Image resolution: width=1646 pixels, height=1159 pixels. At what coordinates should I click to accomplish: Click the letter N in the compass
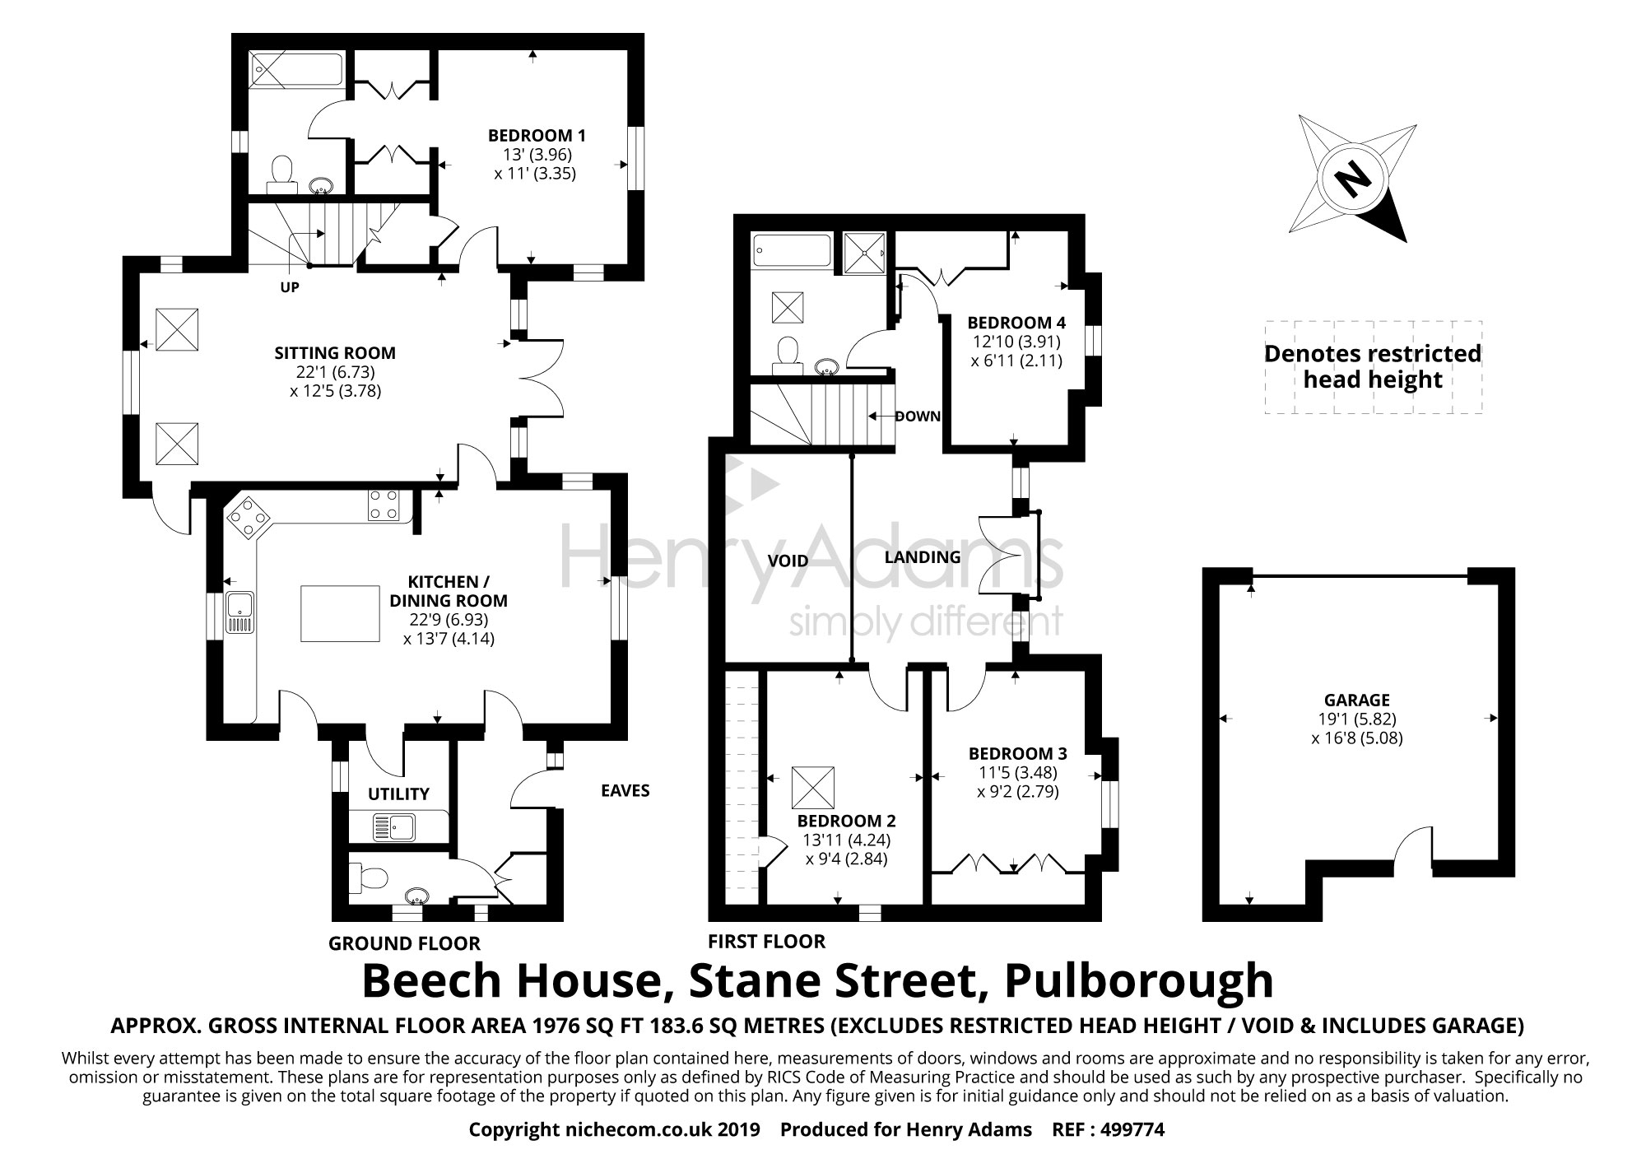[x=1347, y=179]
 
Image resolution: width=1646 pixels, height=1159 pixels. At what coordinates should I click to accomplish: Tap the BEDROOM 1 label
[x=537, y=135]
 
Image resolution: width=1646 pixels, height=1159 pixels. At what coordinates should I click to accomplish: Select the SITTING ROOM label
[x=335, y=353]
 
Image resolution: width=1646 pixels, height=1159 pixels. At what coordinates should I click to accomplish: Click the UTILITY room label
[x=398, y=794]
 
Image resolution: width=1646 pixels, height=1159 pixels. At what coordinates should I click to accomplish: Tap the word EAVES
[x=625, y=791]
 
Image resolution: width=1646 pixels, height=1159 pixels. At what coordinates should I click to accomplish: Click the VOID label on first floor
[x=788, y=561]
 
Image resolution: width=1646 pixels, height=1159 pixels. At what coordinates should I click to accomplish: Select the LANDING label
[x=922, y=557]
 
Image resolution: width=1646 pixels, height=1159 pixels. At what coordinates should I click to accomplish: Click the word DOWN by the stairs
[x=917, y=417]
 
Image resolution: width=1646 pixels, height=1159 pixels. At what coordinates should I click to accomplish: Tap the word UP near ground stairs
[x=289, y=288]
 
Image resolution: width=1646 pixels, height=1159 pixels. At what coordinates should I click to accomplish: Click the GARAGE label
[x=1356, y=701]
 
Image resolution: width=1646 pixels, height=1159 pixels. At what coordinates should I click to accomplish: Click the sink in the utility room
[x=386, y=826]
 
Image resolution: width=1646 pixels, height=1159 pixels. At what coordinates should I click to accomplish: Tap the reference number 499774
[x=1133, y=1130]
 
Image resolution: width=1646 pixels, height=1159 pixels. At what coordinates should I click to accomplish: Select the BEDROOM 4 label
[x=1010, y=323]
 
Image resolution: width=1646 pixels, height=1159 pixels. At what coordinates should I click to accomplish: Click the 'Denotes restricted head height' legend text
[x=1372, y=366]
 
